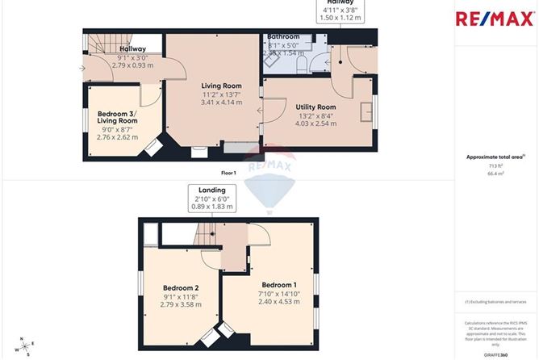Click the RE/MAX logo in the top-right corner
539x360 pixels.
pyautogui.click(x=495, y=19)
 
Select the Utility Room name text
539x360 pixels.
pyautogui.click(x=315, y=107)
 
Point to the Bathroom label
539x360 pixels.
pyautogui.click(x=283, y=37)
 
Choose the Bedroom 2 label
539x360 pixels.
pyautogui.click(x=181, y=287)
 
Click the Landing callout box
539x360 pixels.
pyautogui.click(x=208, y=199)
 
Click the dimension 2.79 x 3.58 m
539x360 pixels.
pyautogui.click(x=181, y=305)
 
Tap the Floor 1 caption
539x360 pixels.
pyautogui.click(x=229, y=173)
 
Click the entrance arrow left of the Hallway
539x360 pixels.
pyautogui.click(x=82, y=68)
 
